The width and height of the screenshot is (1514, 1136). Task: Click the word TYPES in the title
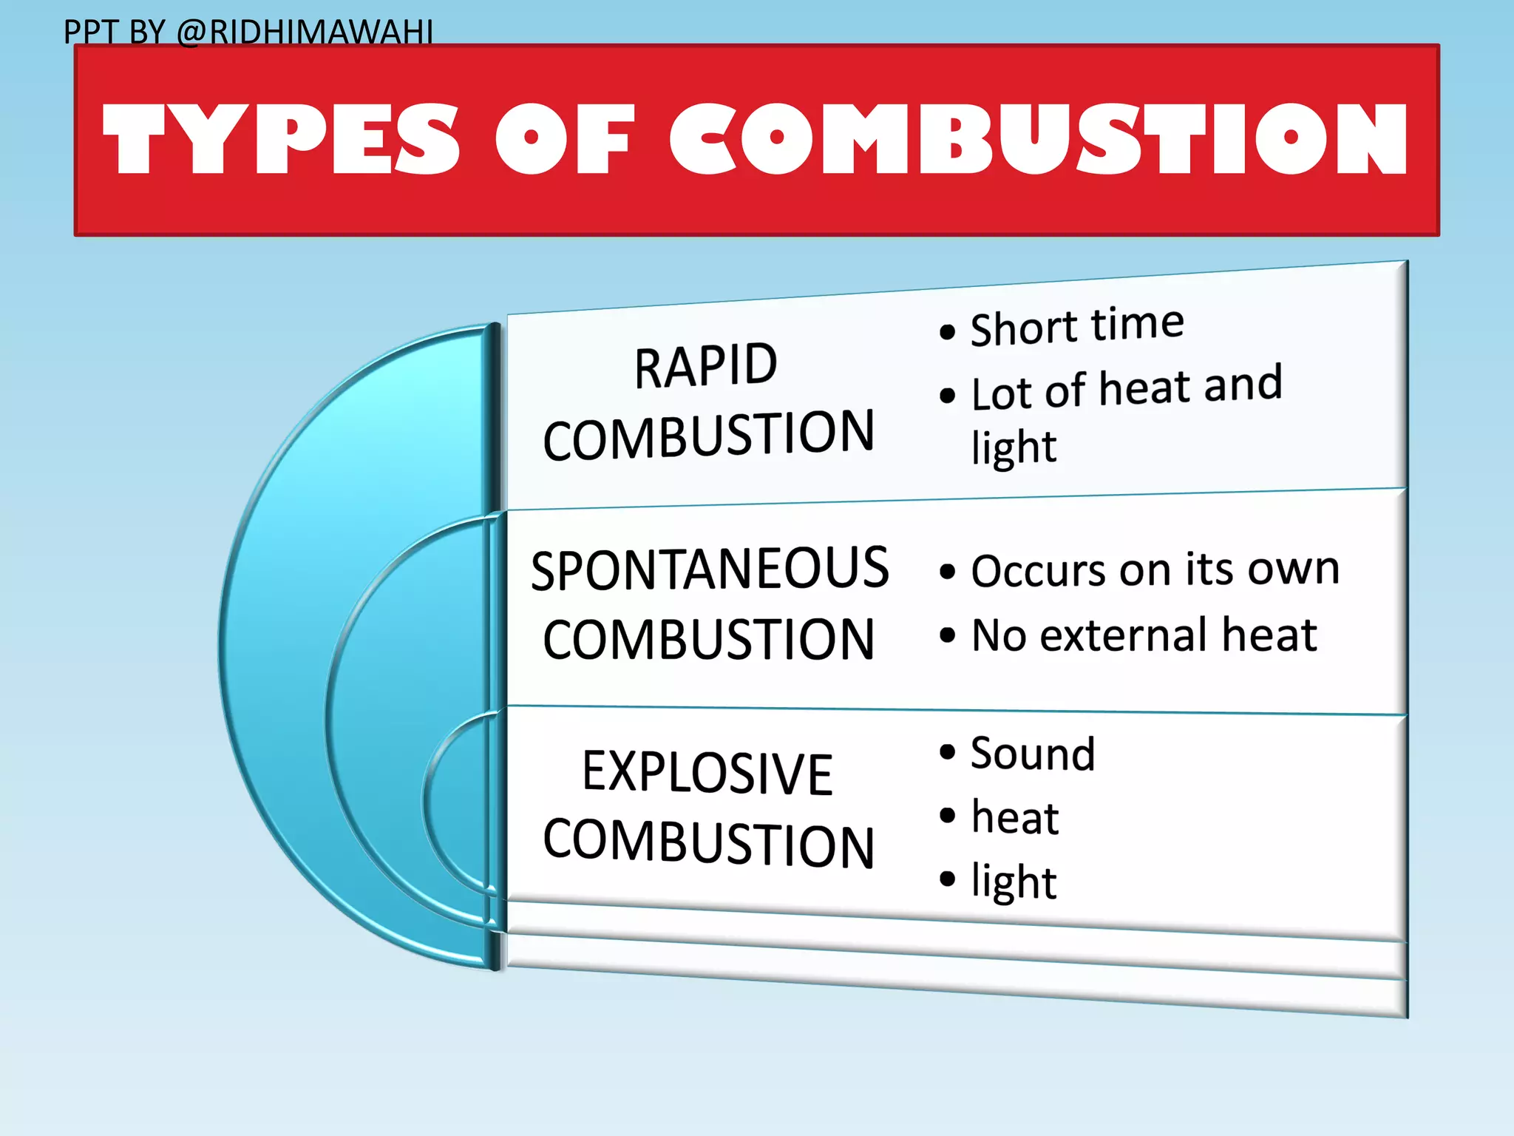pos(281,139)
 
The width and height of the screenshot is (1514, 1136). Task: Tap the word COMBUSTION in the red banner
pos(1038,139)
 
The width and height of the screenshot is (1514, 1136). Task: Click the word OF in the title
pos(565,139)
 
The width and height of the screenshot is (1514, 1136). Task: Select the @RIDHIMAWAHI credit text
pos(305,33)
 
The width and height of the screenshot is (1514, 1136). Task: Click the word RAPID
pos(706,366)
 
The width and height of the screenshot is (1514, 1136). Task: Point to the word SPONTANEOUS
pos(710,569)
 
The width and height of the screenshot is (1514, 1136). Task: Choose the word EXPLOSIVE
pos(707,774)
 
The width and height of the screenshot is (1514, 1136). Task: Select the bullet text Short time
pos(1076,326)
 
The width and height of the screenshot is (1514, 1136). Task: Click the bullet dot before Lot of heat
pos(947,396)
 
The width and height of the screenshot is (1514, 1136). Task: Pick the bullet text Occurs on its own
pos(1155,570)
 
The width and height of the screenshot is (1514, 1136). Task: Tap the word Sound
pos(1033,754)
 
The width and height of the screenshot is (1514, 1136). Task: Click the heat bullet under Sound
pos(1015,817)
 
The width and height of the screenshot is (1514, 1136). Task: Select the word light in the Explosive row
pos(1014,882)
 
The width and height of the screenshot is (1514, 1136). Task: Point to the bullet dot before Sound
pos(947,752)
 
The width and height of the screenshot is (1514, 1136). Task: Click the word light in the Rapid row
pos(1014,447)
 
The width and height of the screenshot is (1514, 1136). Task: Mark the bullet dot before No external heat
pos(947,635)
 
